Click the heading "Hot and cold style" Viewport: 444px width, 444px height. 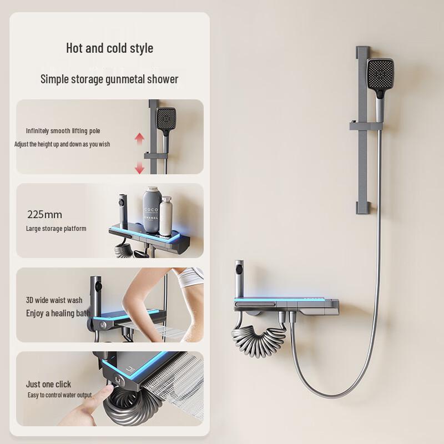109,48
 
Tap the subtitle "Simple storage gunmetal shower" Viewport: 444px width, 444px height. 109,79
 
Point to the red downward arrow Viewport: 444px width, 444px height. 139,167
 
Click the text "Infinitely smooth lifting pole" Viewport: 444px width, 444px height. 63,131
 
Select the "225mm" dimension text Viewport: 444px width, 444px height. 44,214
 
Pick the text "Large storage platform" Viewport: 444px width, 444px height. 56,229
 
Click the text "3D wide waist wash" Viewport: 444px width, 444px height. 54,300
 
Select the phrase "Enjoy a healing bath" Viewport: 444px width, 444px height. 58,313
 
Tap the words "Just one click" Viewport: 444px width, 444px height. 48,384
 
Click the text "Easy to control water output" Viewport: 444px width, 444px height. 59,395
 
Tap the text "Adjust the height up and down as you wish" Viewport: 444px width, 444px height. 62,144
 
